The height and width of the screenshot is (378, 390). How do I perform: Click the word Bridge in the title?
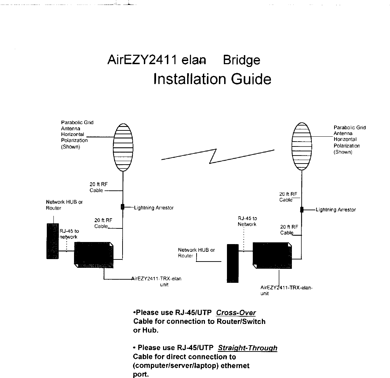click(x=242, y=60)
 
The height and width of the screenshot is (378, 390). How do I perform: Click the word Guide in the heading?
click(x=251, y=80)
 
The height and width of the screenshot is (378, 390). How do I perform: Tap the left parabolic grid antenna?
click(x=123, y=147)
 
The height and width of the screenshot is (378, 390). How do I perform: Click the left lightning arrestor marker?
click(x=123, y=207)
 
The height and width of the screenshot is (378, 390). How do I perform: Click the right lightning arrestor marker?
click(x=302, y=210)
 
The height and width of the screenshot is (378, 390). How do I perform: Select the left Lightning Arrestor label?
click(x=154, y=208)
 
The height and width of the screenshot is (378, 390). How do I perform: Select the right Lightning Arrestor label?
click(x=336, y=210)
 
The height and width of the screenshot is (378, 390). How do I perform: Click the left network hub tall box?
click(x=53, y=241)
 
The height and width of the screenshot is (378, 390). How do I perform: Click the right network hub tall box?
click(x=233, y=263)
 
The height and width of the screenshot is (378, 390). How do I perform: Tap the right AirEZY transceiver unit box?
click(x=272, y=256)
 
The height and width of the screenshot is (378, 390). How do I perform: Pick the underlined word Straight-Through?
click(x=248, y=348)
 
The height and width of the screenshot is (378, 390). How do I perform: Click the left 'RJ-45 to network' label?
click(x=69, y=234)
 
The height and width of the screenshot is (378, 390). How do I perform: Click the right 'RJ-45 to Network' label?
click(x=247, y=221)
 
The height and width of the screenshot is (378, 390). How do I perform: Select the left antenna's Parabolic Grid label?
click(x=77, y=135)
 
